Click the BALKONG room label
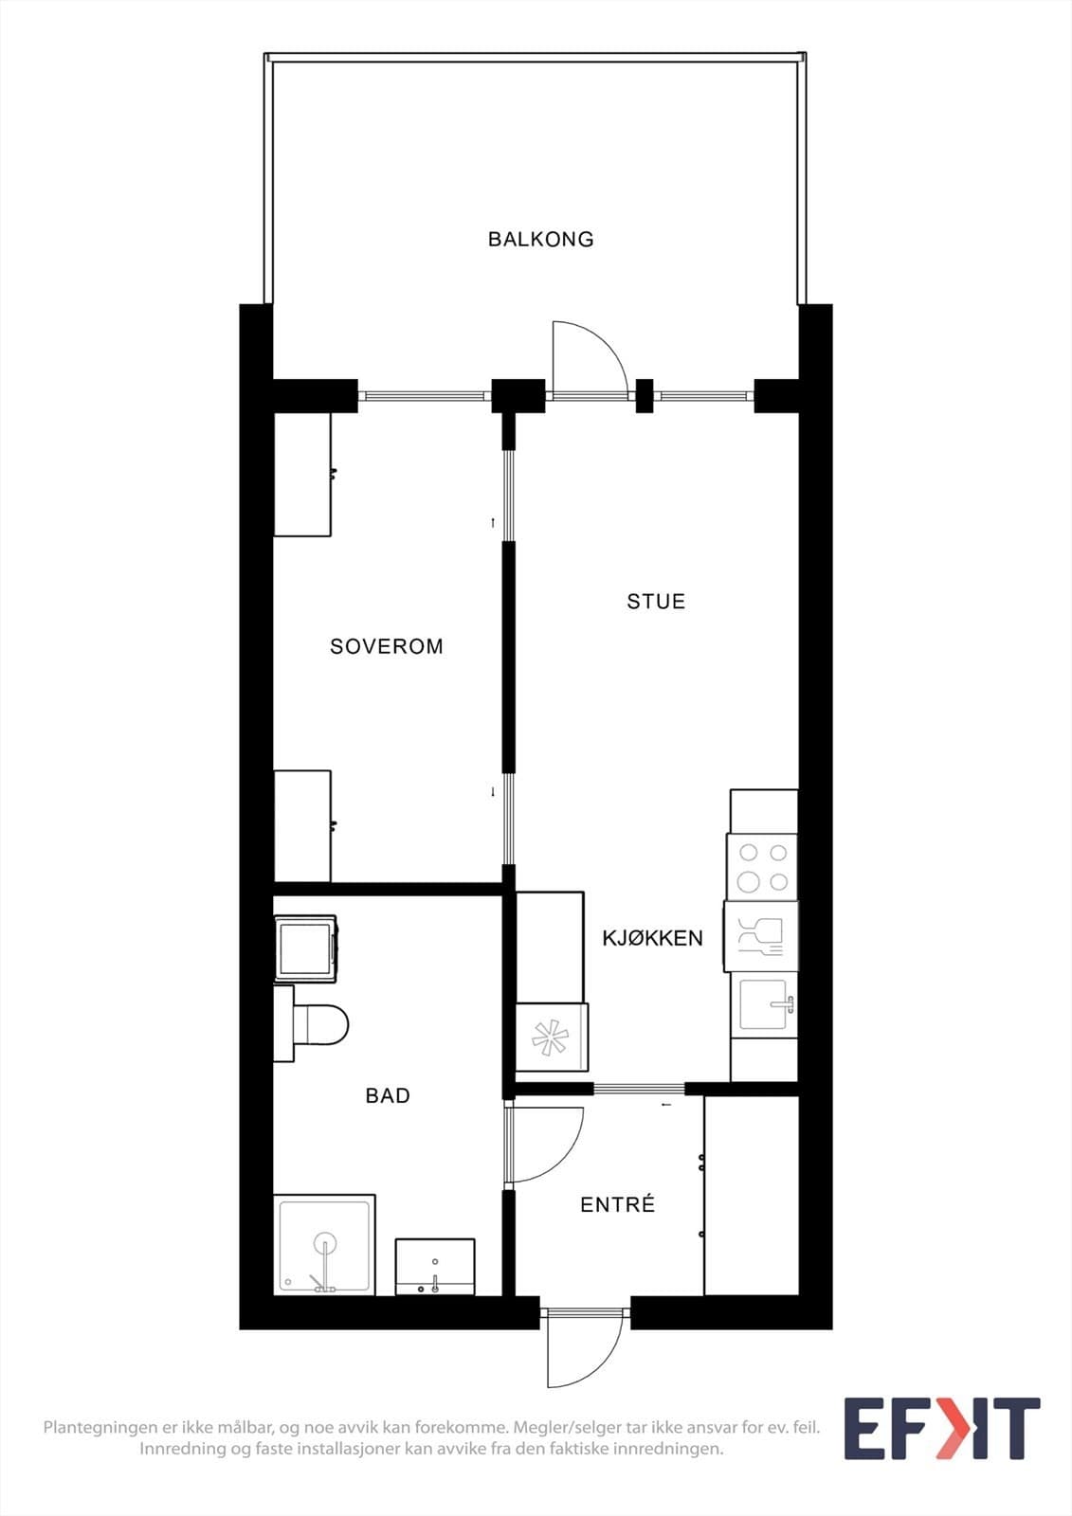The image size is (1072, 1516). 540,239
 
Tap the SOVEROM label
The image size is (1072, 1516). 387,646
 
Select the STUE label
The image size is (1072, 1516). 656,602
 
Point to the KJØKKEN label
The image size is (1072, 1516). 653,938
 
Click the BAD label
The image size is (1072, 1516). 388,1095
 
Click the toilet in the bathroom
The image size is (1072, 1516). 311,1023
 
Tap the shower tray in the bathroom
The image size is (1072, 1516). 324,1245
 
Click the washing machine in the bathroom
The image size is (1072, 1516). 305,948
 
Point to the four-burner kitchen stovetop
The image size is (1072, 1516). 762,867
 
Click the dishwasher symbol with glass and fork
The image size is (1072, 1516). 760,936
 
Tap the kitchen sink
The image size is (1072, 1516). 765,1005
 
